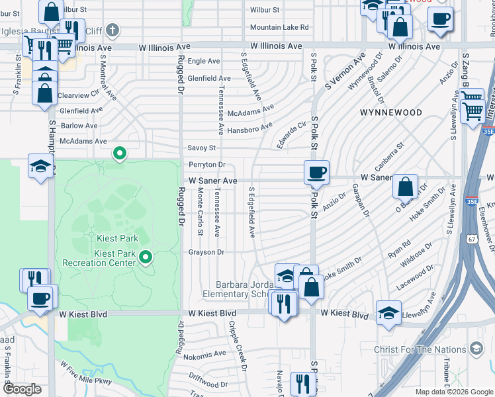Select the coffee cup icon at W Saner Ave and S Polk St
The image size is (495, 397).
[x=316, y=172]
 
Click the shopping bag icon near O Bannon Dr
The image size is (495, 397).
[x=405, y=186]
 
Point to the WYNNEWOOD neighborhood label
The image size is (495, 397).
[x=386, y=113]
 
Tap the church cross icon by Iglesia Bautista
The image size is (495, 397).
[x=113, y=29]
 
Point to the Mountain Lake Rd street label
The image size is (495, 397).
[x=279, y=27]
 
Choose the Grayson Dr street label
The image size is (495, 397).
[x=206, y=252]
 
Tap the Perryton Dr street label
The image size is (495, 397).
[x=206, y=164]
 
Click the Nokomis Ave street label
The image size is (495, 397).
[x=204, y=357]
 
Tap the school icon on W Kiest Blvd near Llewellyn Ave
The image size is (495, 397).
[x=388, y=314]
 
